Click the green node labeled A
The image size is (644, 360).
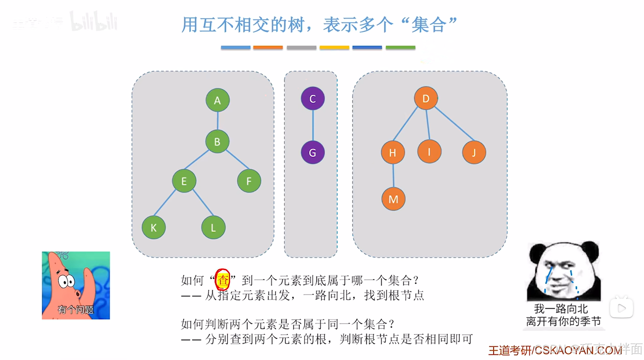pyautogui.click(x=218, y=100)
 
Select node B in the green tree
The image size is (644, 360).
pyautogui.click(x=217, y=141)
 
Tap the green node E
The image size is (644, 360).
pyautogui.click(x=184, y=181)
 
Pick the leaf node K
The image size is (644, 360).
pyautogui.click(x=154, y=228)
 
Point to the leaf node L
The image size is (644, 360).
pyautogui.click(x=213, y=228)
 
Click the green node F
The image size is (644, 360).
pyautogui.click(x=249, y=181)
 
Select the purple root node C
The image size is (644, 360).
pyautogui.click(x=312, y=99)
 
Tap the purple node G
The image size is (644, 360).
pyautogui.click(x=312, y=153)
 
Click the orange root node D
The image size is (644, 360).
pyautogui.click(x=425, y=98)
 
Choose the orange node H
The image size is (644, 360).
pyautogui.click(x=392, y=153)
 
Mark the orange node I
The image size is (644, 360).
pyautogui.click(x=429, y=152)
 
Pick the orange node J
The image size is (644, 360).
pyautogui.click(x=474, y=153)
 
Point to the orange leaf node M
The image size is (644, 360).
pyautogui.click(x=393, y=199)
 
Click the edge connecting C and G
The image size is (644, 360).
pyautogui.click(x=313, y=125)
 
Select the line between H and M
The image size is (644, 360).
pyautogui.click(x=393, y=176)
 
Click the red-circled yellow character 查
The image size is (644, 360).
pyautogui.click(x=223, y=280)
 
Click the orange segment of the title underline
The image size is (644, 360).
pyautogui.click(x=268, y=48)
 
